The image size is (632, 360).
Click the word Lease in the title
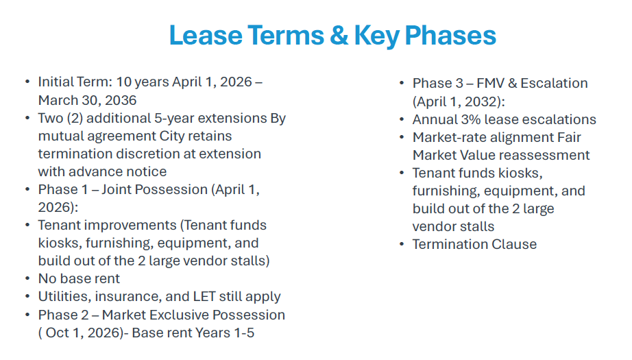point(206,35)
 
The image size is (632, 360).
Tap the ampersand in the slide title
point(339,35)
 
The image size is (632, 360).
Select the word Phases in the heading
point(450,35)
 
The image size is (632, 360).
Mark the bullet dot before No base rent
point(27,278)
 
